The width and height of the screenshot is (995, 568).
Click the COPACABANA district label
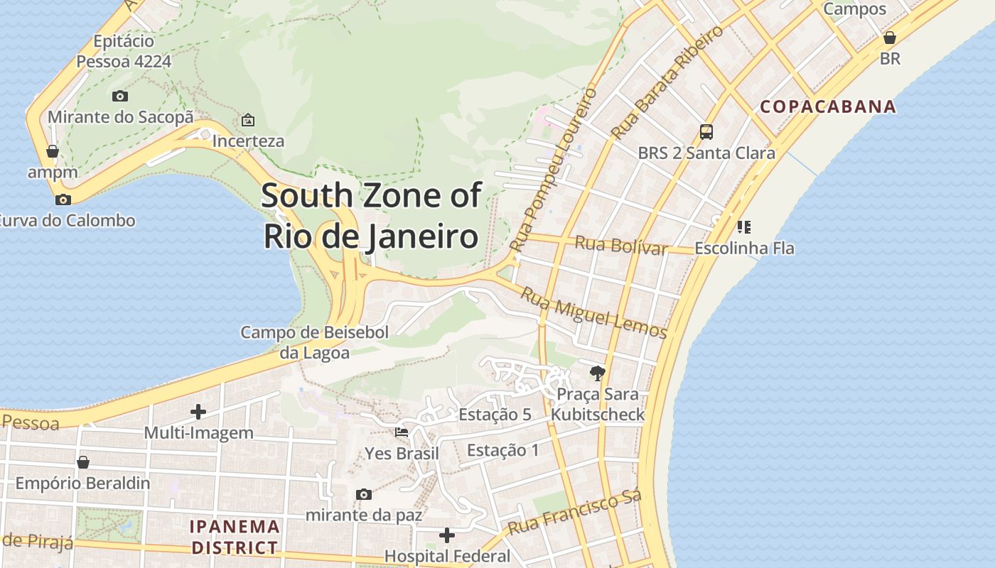coord(828,107)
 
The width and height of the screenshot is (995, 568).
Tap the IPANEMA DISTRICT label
coord(235,537)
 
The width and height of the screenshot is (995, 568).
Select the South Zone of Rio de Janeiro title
coord(371,216)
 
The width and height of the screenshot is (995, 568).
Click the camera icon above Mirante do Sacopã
coord(120,96)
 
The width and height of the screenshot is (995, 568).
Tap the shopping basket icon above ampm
coord(52,151)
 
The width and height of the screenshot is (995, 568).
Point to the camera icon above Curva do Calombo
coord(63,200)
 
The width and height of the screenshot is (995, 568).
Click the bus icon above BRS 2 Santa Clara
coord(706,131)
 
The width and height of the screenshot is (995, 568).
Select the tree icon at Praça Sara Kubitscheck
coord(597,373)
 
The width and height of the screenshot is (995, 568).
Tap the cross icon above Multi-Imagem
coord(198,411)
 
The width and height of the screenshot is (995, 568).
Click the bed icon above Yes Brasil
coord(402,432)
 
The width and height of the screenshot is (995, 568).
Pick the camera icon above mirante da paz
coord(364,494)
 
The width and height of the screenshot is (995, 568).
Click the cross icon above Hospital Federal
coord(447,535)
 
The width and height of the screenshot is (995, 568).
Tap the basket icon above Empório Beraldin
coord(82,462)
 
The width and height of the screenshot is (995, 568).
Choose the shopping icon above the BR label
coord(889,38)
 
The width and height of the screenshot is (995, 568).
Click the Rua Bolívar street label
coord(621,245)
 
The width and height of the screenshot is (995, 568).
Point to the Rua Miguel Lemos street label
coord(594,313)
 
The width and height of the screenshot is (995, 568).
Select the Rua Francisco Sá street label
coord(576,513)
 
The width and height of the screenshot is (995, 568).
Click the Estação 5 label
coord(495,415)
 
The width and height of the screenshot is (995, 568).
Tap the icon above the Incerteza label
coord(248,119)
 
